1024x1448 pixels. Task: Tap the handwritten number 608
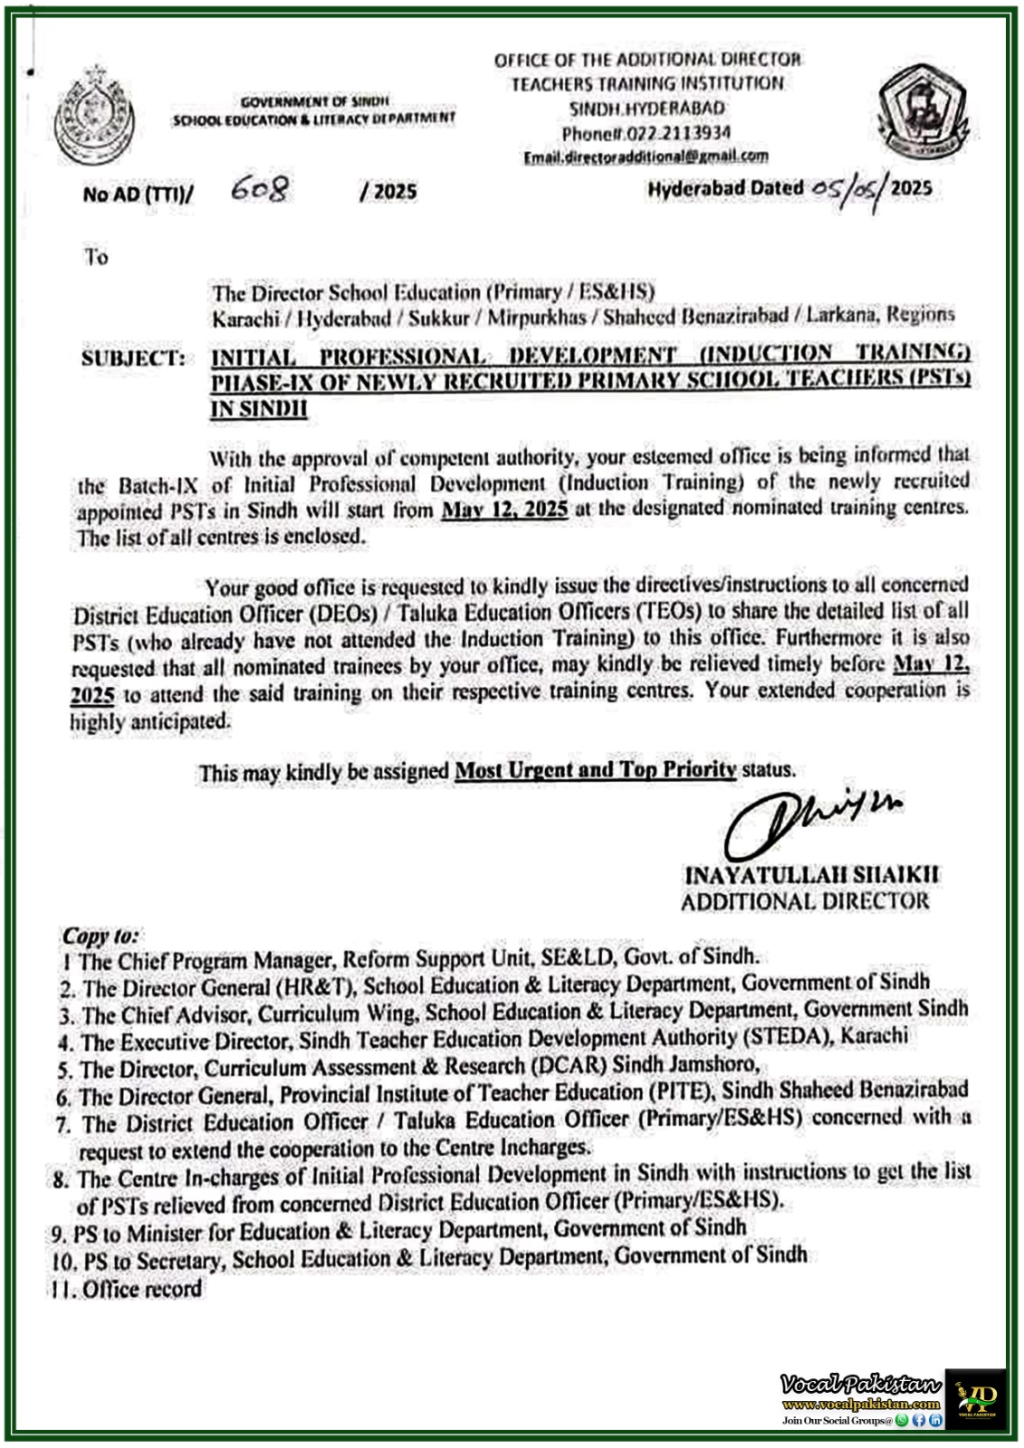260,189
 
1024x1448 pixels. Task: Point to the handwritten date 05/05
847,189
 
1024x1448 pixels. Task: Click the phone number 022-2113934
646,132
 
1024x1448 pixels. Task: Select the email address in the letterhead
646,156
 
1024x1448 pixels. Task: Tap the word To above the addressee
96,257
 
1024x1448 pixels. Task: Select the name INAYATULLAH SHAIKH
812,875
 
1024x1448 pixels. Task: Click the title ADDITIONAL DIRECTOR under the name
805,901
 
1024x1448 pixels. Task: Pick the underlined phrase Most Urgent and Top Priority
595,770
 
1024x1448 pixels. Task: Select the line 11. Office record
128,1289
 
